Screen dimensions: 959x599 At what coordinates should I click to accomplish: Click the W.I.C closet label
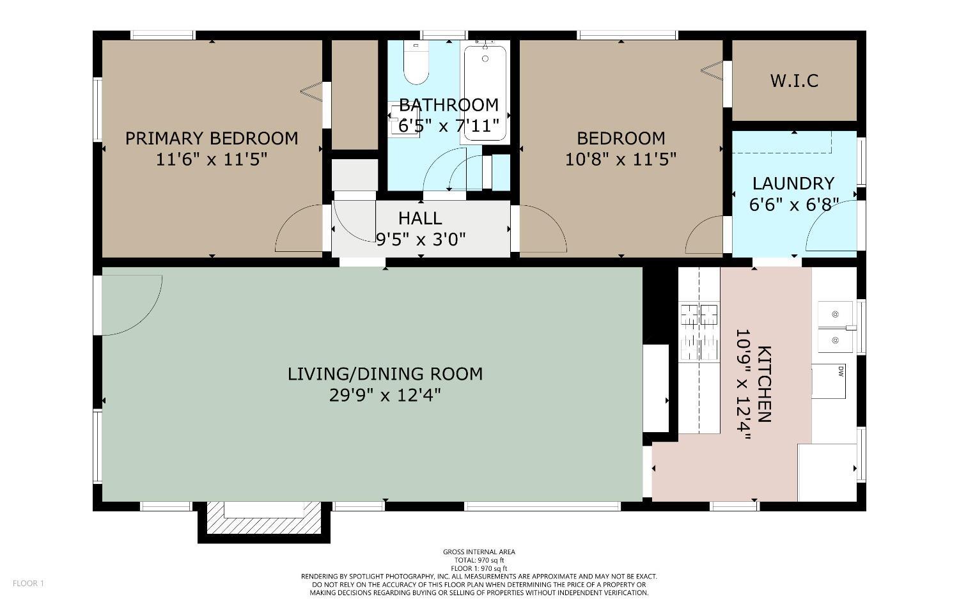pyautogui.click(x=794, y=81)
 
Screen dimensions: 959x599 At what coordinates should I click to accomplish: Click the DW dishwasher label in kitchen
pyautogui.click(x=841, y=371)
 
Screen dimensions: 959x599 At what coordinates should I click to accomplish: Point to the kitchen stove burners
pyautogui.click(x=699, y=332)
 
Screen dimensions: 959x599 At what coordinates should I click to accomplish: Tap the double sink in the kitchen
pyautogui.click(x=835, y=327)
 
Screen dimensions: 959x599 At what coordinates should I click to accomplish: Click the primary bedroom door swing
pyautogui.click(x=299, y=228)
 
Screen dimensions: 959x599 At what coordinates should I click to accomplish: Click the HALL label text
pyautogui.click(x=420, y=219)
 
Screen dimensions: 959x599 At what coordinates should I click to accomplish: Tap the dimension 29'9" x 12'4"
pyautogui.click(x=385, y=395)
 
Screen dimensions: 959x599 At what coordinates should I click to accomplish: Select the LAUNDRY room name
pyautogui.click(x=793, y=183)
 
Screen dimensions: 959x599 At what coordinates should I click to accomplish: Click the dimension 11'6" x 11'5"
pyautogui.click(x=212, y=160)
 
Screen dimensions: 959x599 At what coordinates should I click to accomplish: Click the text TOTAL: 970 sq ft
pyautogui.click(x=479, y=560)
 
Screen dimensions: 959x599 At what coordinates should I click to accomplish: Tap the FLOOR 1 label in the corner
pyautogui.click(x=28, y=583)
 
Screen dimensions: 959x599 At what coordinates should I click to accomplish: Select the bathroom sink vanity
pyautogui.click(x=403, y=120)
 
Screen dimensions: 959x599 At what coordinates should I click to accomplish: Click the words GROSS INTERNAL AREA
pyautogui.click(x=479, y=552)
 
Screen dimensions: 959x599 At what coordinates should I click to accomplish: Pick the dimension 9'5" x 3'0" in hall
pyautogui.click(x=421, y=239)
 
